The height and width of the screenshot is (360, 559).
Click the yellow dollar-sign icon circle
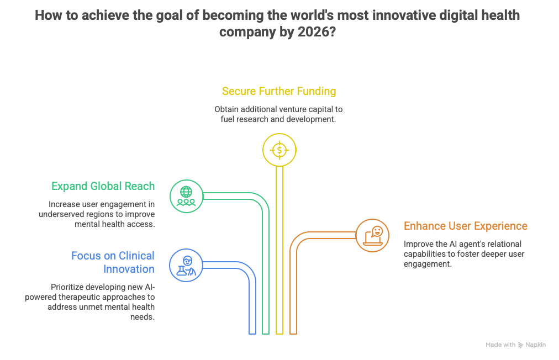(x=279, y=149)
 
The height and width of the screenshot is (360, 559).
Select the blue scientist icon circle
(x=186, y=266)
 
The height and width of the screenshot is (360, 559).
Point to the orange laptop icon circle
(x=372, y=235)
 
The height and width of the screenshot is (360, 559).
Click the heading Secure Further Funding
(x=279, y=91)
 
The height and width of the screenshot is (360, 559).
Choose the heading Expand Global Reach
(x=103, y=186)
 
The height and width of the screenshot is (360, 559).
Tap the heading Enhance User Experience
(x=465, y=226)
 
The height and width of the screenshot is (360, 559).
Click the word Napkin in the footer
(x=535, y=345)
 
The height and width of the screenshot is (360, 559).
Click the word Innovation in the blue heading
(x=129, y=269)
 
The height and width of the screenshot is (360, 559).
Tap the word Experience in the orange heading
(x=500, y=226)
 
